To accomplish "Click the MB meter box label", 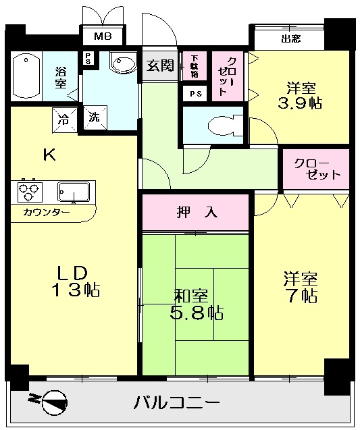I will [x=103, y=36].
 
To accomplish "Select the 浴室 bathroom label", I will [x=60, y=77].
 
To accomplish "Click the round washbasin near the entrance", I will [x=122, y=64].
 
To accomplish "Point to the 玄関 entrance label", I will [x=160, y=65].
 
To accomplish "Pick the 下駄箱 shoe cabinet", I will [x=195, y=65].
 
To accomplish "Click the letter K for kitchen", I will [x=49, y=155].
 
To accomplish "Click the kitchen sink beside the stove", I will [x=73, y=192].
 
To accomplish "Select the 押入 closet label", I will [x=197, y=213].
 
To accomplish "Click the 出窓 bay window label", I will [x=291, y=38].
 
